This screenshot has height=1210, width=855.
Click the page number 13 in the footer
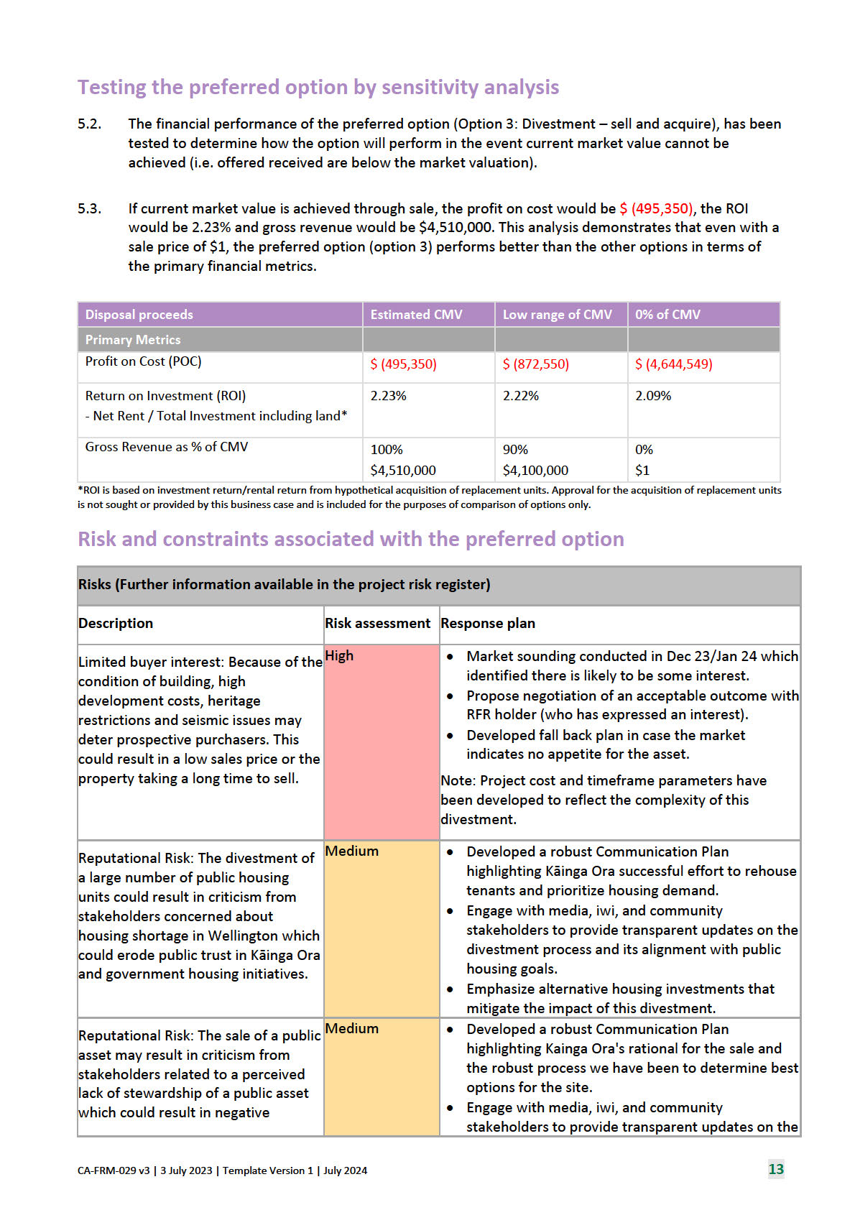(776, 1169)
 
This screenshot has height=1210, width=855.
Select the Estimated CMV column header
(416, 315)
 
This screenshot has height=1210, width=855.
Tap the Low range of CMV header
(557, 315)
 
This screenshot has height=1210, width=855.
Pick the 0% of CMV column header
(667, 315)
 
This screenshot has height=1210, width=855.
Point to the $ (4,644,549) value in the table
(673, 364)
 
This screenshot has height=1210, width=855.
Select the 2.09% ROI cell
(653, 396)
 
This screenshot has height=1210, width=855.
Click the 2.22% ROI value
(521, 396)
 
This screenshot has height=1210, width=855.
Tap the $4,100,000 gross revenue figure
(535, 471)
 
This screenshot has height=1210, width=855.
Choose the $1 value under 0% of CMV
(642, 471)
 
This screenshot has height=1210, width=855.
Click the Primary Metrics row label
(133, 340)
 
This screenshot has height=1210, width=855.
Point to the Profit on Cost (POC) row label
(143, 361)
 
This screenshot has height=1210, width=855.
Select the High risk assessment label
(339, 656)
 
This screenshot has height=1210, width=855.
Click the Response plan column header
(488, 624)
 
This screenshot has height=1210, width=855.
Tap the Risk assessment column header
(377, 624)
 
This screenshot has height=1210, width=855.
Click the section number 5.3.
(89, 209)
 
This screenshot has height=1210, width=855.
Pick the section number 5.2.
(89, 124)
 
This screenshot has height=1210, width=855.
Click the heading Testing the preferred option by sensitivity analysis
(318, 88)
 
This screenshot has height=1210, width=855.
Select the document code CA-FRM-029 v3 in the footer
(114, 1170)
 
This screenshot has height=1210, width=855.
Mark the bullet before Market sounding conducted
(450, 657)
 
